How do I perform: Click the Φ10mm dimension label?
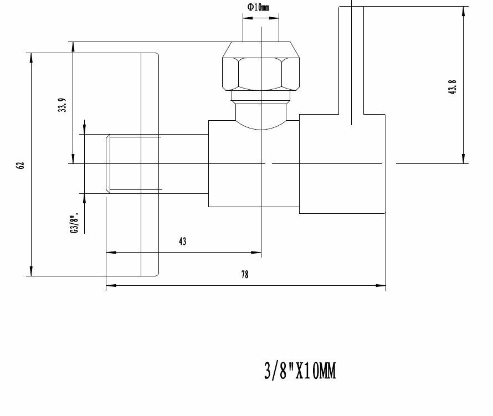pyautogui.click(x=258, y=7)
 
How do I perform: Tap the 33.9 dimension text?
pyautogui.click(x=62, y=105)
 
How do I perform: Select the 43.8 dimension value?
pyautogui.click(x=452, y=87)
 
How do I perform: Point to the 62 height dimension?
pyautogui.click(x=20, y=166)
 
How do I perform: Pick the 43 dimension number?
pyautogui.click(x=182, y=241)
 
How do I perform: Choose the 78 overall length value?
pyautogui.click(x=245, y=275)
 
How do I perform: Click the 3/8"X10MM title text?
pyautogui.click(x=300, y=371)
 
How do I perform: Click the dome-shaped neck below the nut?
pyautogui.click(x=261, y=116)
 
